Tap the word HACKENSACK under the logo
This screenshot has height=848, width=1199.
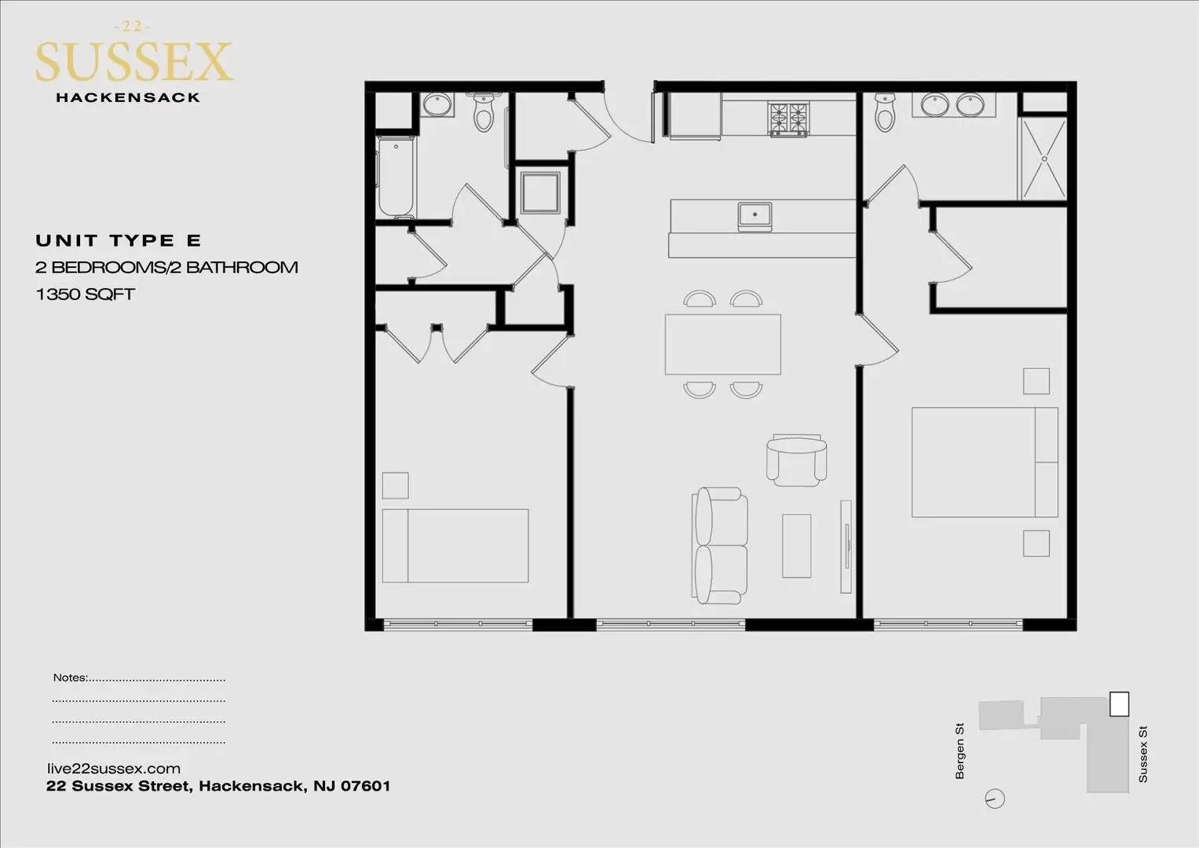click(128, 97)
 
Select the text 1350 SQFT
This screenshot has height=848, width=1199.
click(85, 294)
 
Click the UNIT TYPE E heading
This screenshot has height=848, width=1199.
click(119, 241)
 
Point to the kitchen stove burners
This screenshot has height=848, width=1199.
click(788, 119)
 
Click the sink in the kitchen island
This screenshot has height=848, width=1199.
click(755, 216)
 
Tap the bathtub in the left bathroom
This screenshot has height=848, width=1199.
click(396, 177)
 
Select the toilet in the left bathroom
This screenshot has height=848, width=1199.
click(484, 112)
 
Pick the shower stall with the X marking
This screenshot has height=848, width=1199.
click(1044, 159)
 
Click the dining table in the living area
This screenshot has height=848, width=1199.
click(722, 344)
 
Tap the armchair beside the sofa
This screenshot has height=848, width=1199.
click(796, 460)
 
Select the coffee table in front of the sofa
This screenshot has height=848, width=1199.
click(796, 546)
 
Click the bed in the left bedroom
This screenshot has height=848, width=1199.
click(455, 546)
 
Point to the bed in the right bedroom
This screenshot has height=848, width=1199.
click(985, 462)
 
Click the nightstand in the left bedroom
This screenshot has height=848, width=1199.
click(395, 485)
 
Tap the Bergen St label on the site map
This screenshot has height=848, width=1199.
click(960, 751)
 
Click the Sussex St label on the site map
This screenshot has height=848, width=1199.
click(1142, 754)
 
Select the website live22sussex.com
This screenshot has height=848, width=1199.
click(114, 769)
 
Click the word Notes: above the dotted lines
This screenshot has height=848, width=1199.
click(70, 677)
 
